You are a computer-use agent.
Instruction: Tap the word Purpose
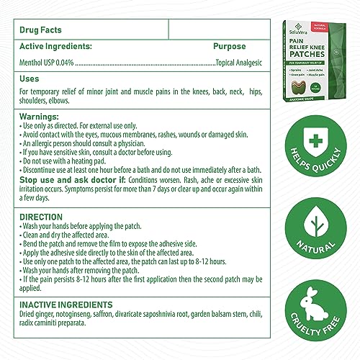point(230,47)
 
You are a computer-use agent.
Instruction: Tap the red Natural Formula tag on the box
point(342,31)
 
